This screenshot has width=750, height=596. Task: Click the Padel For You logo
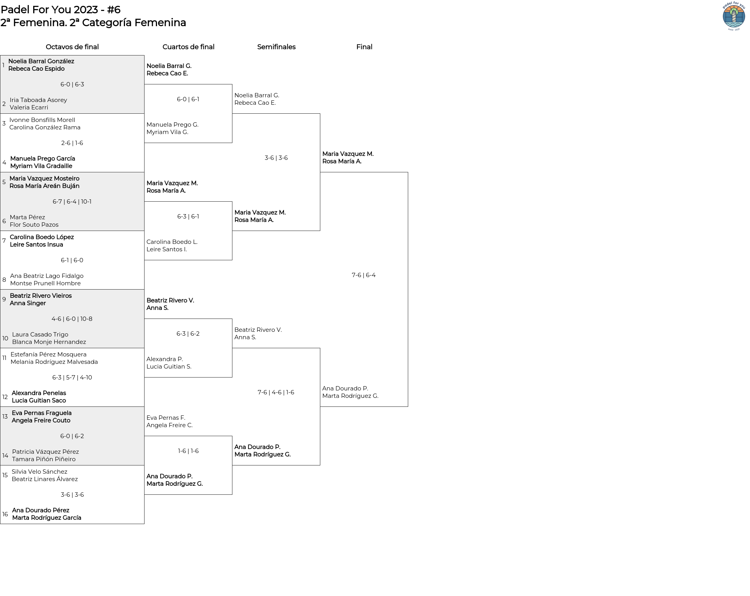point(734,16)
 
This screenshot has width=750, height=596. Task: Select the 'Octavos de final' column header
point(72,47)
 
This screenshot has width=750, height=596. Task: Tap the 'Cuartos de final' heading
point(188,47)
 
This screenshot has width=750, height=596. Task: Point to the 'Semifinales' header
point(276,47)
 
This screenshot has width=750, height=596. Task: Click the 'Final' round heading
point(364,47)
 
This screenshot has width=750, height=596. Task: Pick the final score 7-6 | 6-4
point(364,275)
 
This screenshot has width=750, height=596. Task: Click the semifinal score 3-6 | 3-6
point(276,158)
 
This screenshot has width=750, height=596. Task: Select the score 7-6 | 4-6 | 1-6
point(276,392)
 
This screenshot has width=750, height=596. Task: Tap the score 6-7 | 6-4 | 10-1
point(72,202)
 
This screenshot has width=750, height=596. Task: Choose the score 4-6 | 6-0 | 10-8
point(72,319)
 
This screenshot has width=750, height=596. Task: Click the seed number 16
point(5,514)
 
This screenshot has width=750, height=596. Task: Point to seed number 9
point(4,299)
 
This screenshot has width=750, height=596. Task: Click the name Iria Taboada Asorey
point(38,100)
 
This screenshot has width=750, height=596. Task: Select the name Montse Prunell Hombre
point(45,283)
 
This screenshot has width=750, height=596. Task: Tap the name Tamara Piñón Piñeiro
point(44,459)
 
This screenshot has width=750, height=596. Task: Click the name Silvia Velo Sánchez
point(39,472)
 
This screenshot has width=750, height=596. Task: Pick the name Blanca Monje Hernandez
point(49,342)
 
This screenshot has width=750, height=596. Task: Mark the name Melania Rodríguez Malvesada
point(54,362)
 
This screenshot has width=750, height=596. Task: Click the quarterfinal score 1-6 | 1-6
point(188,451)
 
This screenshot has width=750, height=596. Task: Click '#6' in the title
point(114,10)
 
